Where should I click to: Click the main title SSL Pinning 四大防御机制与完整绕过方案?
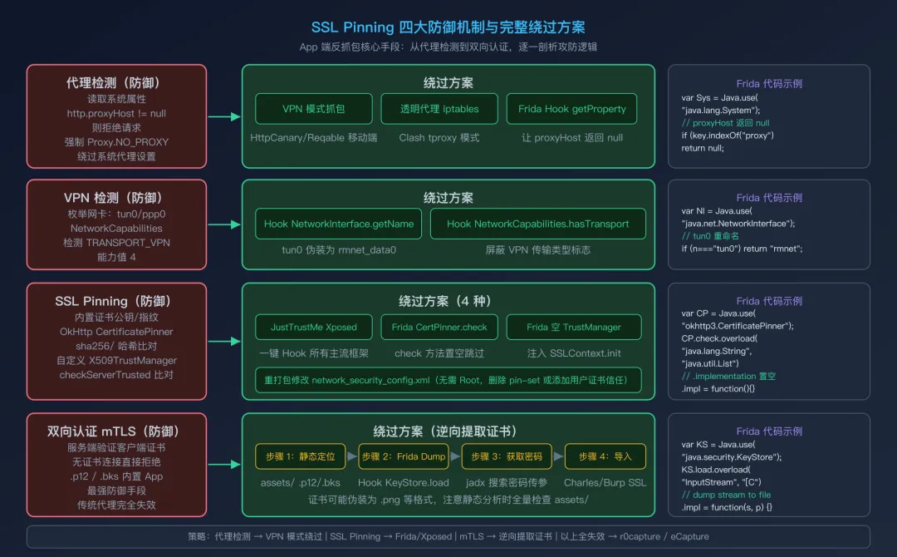point(448,27)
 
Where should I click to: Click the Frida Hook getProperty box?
point(572,109)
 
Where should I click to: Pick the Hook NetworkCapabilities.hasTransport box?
point(537,224)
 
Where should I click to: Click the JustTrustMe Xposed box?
point(313,327)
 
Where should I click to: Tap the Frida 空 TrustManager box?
point(572,327)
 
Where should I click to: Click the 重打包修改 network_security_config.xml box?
point(448,380)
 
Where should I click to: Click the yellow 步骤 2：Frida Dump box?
point(404,456)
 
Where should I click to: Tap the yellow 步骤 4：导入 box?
point(605,456)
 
